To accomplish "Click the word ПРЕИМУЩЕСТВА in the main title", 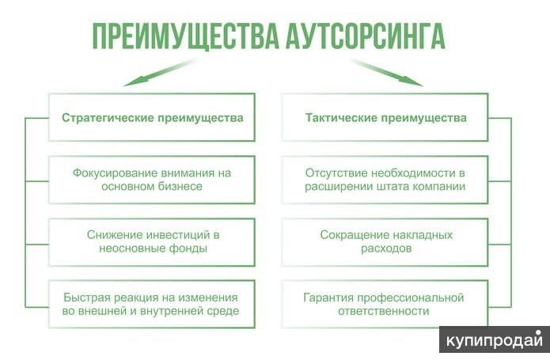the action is (x=185, y=37).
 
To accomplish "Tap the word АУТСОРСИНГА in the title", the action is (x=366, y=36).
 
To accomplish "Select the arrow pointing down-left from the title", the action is (x=160, y=72).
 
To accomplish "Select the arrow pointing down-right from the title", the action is (x=387, y=72).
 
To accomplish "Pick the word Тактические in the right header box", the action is (x=341, y=118).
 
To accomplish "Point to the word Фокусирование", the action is (x=115, y=173).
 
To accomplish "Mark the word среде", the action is (x=223, y=311).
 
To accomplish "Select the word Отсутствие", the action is (x=336, y=173).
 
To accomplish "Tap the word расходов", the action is (x=386, y=248).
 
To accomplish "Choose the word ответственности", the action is (x=383, y=311).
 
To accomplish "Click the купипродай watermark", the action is (x=495, y=340).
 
